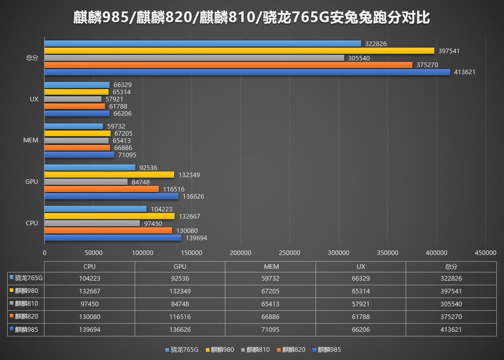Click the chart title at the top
(251, 18)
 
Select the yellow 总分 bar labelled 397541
(239, 51)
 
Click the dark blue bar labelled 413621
(247, 72)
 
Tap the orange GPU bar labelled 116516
(101, 189)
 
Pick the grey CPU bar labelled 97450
(92, 223)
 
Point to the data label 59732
(116, 126)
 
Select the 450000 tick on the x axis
(485, 252)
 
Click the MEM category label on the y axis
(31, 140)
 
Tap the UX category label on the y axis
(34, 99)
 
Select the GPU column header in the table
(180, 267)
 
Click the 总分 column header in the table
(451, 267)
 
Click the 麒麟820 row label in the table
(27, 316)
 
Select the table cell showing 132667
(90, 291)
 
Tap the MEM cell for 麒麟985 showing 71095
(270, 330)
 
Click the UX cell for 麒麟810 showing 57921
(361, 304)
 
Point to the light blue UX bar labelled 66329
(77, 85)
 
